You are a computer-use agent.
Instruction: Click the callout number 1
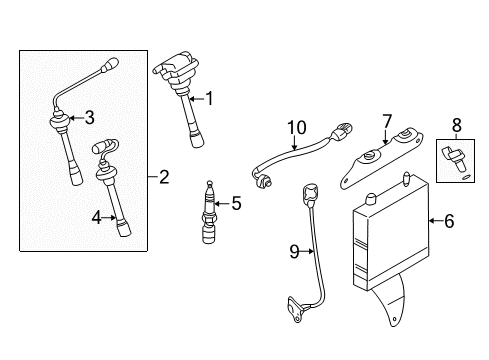tap(210, 97)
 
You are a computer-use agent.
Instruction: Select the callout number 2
tap(165, 178)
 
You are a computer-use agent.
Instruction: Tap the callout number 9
tap(295, 253)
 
